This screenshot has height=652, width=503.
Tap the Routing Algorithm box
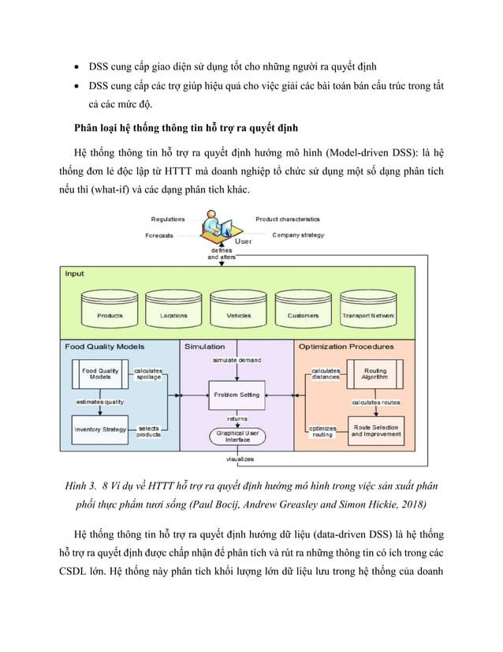coord(374,374)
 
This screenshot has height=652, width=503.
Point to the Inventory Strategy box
coord(100,429)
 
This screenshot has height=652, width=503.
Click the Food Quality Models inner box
coord(100,374)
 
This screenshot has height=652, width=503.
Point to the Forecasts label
coord(159,235)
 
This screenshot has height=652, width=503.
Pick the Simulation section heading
coord(204,346)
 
